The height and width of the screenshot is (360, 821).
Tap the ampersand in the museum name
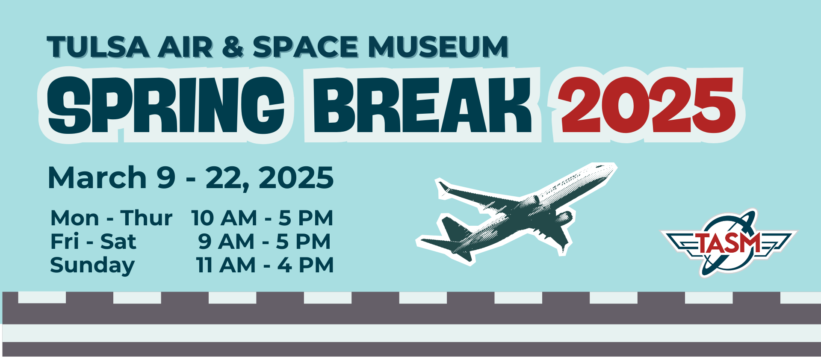coord(233,47)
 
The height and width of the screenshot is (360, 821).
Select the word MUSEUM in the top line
coord(438,47)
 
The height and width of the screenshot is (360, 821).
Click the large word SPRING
coord(166,105)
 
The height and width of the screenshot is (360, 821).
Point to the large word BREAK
coord(422,105)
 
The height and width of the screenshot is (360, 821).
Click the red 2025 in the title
coord(647,105)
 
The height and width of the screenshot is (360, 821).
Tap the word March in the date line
coord(97,177)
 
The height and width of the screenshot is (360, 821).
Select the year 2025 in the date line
coord(296,177)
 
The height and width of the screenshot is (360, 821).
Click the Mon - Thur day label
coord(111,218)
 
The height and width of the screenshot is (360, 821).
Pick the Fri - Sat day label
coord(93,242)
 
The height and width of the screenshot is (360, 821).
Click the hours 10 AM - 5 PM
coord(262,218)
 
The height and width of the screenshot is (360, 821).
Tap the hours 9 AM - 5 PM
coord(264,242)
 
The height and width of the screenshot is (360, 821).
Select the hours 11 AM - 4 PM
coord(265,265)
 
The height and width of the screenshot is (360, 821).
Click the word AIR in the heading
coord(186,47)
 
